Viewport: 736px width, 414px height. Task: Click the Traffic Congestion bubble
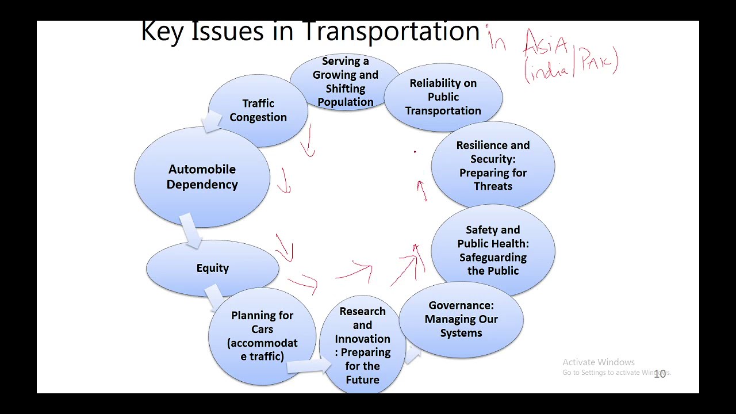pyautogui.click(x=258, y=110)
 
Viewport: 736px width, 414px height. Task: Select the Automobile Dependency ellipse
pyautogui.click(x=202, y=177)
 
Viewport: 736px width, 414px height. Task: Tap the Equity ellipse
pyautogui.click(x=212, y=268)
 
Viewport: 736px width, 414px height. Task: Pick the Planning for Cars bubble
pyautogui.click(x=262, y=336)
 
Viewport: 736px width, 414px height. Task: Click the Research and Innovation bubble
pyautogui.click(x=362, y=345)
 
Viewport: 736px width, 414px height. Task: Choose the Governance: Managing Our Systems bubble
pyautogui.click(x=461, y=319)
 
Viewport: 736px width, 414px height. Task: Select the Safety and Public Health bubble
pyautogui.click(x=493, y=250)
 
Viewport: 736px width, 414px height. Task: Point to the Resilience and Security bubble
pyautogui.click(x=493, y=166)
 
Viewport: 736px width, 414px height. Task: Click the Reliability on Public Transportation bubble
pyautogui.click(x=443, y=97)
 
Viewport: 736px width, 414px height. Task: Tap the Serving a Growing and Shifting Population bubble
pyautogui.click(x=345, y=82)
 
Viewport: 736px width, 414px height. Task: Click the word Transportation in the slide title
pyautogui.click(x=391, y=31)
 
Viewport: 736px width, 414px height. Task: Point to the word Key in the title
pyautogui.click(x=162, y=31)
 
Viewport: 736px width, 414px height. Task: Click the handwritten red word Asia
pyautogui.click(x=546, y=43)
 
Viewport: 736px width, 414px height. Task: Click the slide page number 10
pyautogui.click(x=660, y=374)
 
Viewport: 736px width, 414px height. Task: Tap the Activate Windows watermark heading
pyautogui.click(x=598, y=362)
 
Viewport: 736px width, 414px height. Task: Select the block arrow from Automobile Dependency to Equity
pyautogui.click(x=190, y=229)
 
